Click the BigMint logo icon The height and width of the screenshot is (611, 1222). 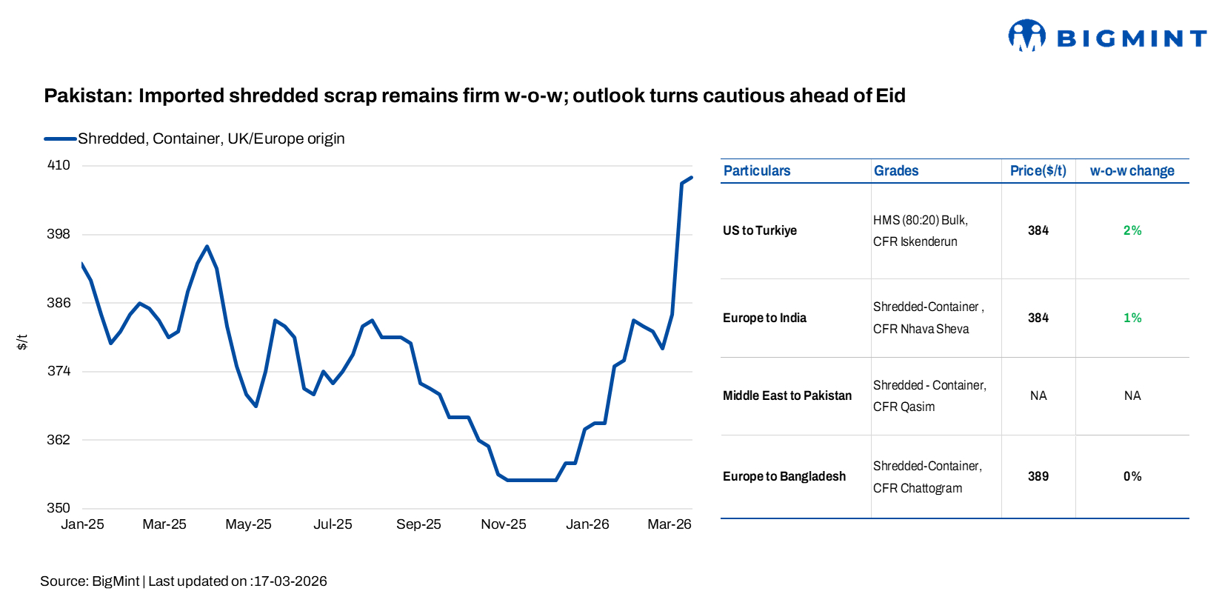click(x=1026, y=36)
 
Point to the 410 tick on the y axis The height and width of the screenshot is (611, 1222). click(x=59, y=165)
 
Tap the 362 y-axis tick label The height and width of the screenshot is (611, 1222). click(x=59, y=440)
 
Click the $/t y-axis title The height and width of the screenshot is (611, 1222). click(x=22, y=341)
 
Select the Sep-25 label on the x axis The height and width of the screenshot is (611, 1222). click(x=418, y=524)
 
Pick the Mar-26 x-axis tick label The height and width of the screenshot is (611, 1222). click(x=669, y=524)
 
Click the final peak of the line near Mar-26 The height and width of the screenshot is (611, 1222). click(x=691, y=178)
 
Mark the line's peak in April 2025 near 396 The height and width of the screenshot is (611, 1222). click(x=207, y=247)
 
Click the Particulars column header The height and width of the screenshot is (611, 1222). click(x=756, y=171)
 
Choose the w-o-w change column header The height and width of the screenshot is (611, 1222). click(x=1132, y=171)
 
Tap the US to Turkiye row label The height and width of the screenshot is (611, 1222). click(x=759, y=230)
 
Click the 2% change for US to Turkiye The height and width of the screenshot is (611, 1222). click(x=1132, y=230)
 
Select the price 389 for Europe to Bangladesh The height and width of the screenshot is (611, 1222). click(x=1038, y=476)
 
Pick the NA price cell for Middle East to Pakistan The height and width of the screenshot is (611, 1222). click(x=1038, y=395)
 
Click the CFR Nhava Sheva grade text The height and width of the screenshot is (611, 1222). click(x=921, y=329)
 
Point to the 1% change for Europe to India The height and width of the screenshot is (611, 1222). click(x=1132, y=318)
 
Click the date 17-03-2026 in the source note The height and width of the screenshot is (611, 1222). click(x=290, y=581)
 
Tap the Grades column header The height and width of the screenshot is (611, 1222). click(x=895, y=171)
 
